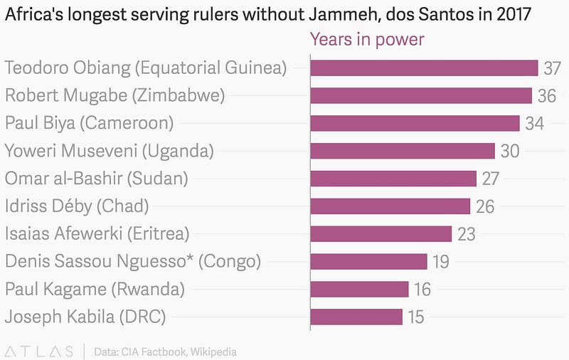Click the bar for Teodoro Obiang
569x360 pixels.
pyautogui.click(x=424, y=68)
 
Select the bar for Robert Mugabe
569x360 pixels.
pyautogui.click(x=421, y=95)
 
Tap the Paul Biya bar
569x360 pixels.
pyautogui.click(x=415, y=123)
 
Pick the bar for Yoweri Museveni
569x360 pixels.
pyautogui.click(x=403, y=151)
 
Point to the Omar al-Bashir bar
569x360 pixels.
pyautogui.click(x=393, y=179)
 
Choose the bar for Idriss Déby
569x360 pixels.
pyautogui.click(x=390, y=206)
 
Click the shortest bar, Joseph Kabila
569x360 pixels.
pyautogui.click(x=356, y=317)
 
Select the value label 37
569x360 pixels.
pyautogui.click(x=553, y=68)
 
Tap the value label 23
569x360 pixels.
pyautogui.click(x=467, y=234)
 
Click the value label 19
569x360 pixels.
pyautogui.click(x=441, y=262)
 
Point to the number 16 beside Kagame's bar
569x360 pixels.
pyautogui.click(x=422, y=290)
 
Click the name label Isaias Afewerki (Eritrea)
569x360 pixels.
pyautogui.click(x=97, y=233)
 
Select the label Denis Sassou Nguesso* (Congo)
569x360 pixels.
pyautogui.click(x=133, y=261)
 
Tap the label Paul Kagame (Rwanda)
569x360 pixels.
pyautogui.click(x=95, y=289)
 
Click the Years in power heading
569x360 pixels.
pyautogui.click(x=367, y=39)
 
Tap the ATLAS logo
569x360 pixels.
pyautogui.click(x=40, y=351)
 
